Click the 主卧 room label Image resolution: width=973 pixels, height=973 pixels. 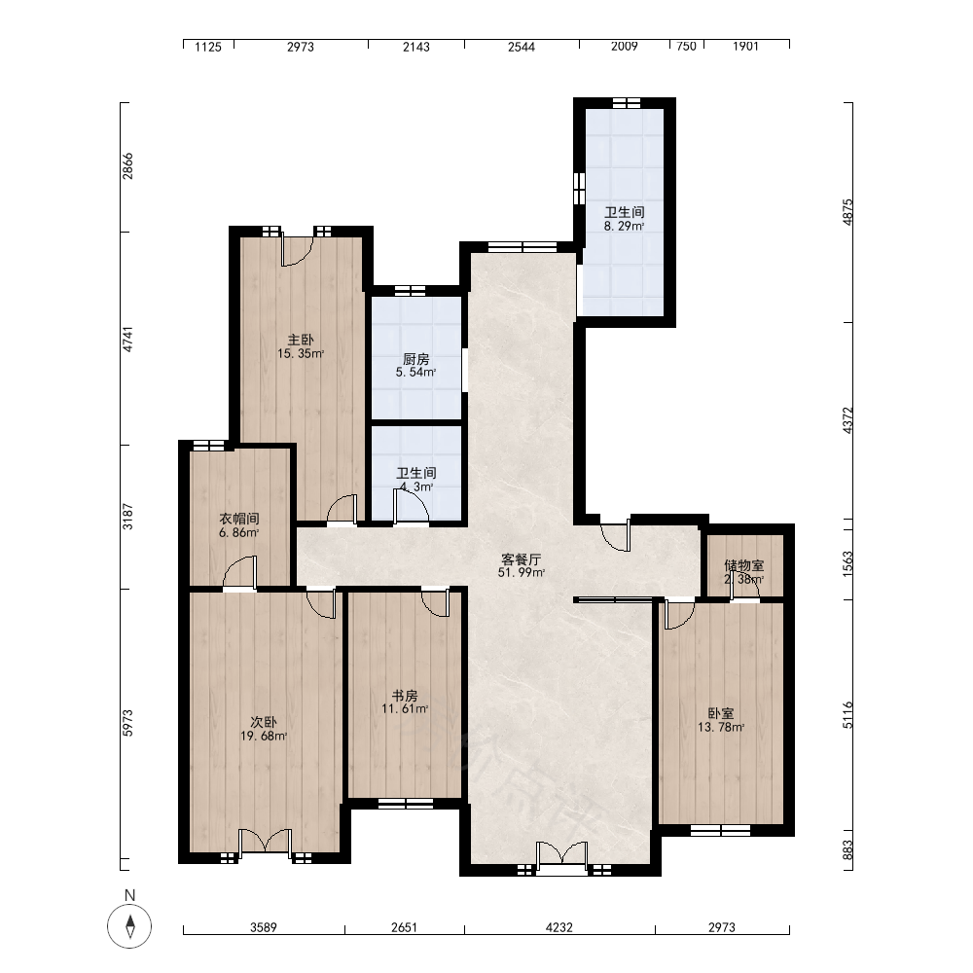coord(301,340)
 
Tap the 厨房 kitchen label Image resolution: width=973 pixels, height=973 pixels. coord(415,359)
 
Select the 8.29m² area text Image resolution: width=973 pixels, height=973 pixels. coord(625,227)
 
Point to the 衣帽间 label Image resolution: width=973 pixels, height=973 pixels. coord(239,519)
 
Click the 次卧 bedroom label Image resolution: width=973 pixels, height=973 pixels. coord(264,722)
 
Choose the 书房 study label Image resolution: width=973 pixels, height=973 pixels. coord(405,696)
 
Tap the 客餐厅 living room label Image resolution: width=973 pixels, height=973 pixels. coord(522,559)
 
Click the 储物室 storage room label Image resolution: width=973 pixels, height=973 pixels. coord(744,565)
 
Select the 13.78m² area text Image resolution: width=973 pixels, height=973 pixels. coord(721,727)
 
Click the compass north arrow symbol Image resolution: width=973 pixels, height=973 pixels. coord(129,926)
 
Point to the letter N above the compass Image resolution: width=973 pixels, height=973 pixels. coord(129,895)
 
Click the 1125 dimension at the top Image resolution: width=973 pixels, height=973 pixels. coord(208,47)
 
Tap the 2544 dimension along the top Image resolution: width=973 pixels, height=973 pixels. coord(522,47)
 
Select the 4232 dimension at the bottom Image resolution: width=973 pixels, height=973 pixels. coord(559,927)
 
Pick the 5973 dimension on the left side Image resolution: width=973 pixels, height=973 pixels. coord(127,723)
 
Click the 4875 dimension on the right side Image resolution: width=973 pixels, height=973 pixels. coord(847,211)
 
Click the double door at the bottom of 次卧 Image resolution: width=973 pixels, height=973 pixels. coord(266,841)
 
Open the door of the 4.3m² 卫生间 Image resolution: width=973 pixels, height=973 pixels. coord(411,507)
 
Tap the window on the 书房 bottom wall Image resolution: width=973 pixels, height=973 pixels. coord(406,804)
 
